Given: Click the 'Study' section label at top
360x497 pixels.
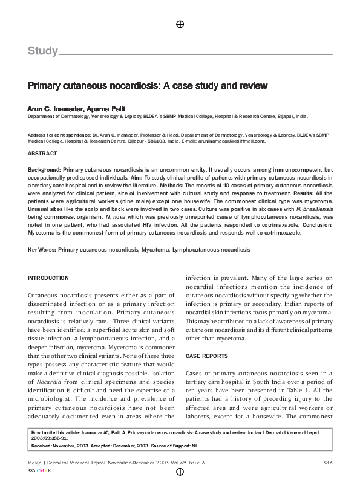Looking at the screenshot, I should click(x=42, y=51).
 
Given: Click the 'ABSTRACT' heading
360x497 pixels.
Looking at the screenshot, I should click(x=43, y=154).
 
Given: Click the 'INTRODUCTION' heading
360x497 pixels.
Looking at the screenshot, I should click(x=48, y=278).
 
